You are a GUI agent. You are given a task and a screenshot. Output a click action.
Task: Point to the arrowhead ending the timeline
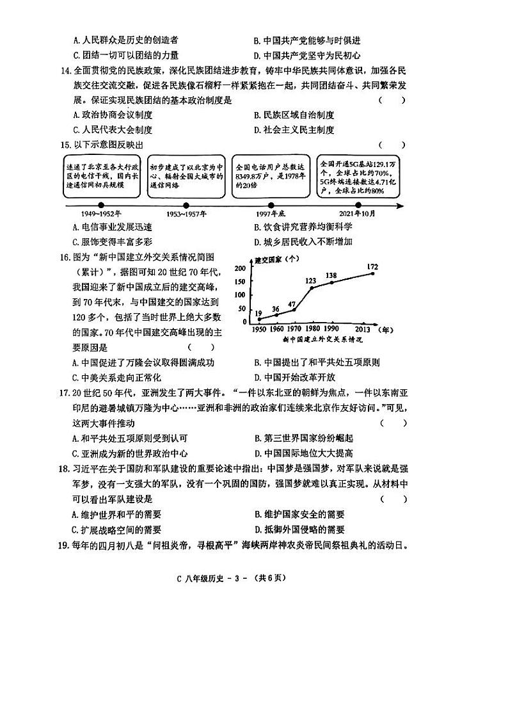click(400, 206)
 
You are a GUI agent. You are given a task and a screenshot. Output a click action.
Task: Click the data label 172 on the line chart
click(374, 266)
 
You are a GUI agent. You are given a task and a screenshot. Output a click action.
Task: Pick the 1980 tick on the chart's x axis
click(314, 328)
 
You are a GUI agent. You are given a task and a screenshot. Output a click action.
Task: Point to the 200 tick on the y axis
click(241, 268)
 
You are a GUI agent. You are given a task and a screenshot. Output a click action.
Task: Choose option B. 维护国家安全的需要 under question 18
click(299, 514)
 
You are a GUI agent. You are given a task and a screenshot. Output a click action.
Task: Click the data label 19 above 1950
click(258, 313)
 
